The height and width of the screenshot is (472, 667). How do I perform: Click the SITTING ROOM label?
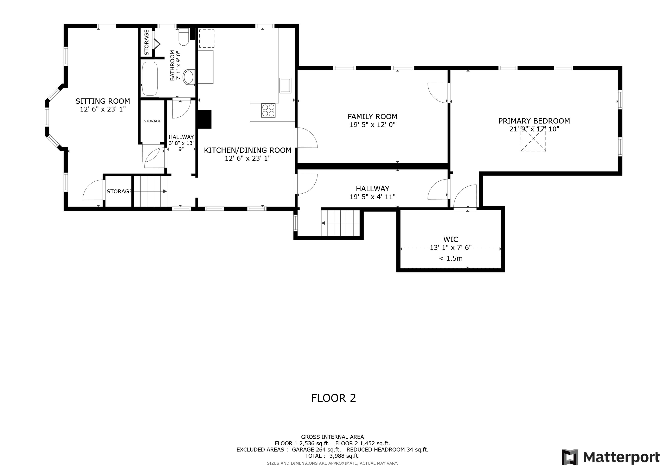click(x=102, y=101)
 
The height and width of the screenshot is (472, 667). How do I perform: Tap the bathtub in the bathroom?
click(x=150, y=79)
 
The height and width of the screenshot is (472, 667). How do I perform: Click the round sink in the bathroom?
click(x=189, y=77)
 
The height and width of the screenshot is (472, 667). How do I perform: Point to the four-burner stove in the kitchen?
click(x=268, y=111)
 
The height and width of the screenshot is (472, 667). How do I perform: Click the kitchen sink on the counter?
click(x=285, y=85)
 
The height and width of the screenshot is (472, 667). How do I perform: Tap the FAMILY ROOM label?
click(x=372, y=117)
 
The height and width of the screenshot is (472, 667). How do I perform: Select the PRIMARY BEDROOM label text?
click(x=534, y=121)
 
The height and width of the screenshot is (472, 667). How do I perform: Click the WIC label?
click(x=451, y=240)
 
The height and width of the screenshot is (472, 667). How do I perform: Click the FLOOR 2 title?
click(x=333, y=398)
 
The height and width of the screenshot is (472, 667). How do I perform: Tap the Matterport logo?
click(x=610, y=457)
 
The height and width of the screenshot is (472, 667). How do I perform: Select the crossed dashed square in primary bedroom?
click(x=533, y=139)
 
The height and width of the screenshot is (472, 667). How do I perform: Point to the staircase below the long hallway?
click(x=340, y=223)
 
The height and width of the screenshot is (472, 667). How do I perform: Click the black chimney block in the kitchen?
click(x=205, y=119)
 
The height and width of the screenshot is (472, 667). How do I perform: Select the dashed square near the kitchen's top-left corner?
click(x=207, y=38)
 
